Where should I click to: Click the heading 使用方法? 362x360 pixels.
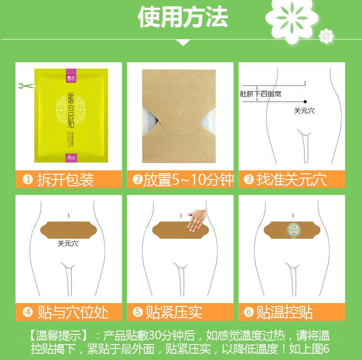point(183,18)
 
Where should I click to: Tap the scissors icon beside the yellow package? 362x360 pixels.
point(23,86)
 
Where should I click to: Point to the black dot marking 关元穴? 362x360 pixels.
point(306,101)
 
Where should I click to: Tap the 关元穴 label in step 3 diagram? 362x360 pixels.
point(305,111)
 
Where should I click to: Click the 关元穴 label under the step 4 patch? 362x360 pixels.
point(68,244)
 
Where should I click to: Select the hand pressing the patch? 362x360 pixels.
point(197,220)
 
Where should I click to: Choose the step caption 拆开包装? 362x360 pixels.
point(65,180)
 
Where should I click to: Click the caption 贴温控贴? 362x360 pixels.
point(285,312)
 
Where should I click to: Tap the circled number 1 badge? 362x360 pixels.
point(28,180)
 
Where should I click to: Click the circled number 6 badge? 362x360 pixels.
point(249,312)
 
